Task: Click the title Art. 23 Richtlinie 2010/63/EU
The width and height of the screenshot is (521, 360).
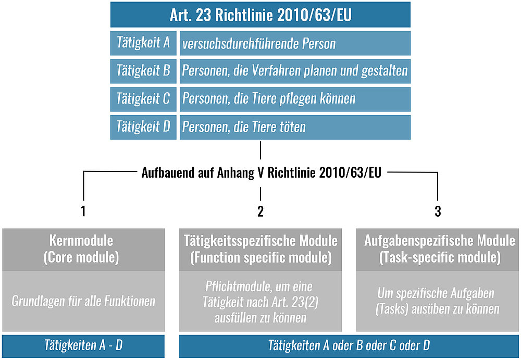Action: tap(260, 15)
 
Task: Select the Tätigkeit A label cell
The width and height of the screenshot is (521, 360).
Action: tap(143, 43)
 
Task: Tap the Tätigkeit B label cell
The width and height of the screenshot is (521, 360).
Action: tap(143, 71)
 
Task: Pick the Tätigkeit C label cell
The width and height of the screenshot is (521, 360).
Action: tap(143, 99)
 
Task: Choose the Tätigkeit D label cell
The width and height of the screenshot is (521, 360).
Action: tap(143, 127)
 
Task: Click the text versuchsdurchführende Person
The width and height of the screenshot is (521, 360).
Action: tap(259, 44)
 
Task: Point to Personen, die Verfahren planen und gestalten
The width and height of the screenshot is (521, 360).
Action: tap(295, 71)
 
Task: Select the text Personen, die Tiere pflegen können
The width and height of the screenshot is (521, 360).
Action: tap(269, 98)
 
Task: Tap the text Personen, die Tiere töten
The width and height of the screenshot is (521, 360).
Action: tap(244, 127)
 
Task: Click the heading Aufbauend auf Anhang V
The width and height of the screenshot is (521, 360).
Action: tap(262, 172)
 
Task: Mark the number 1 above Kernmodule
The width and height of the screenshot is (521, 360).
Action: tap(83, 211)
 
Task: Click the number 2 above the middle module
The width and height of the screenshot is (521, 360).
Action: tap(260, 211)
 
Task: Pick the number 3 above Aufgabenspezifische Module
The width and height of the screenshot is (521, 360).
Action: tap(438, 211)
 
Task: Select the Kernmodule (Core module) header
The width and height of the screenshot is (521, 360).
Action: tap(83, 250)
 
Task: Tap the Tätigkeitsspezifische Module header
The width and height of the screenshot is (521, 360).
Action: tap(260, 250)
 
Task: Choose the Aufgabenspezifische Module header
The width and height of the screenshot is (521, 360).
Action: tap(438, 250)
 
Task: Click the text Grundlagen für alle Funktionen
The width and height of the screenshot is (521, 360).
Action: tap(83, 301)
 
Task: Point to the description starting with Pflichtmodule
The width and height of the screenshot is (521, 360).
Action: tap(260, 302)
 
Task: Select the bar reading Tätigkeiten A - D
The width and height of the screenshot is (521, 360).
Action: tap(83, 346)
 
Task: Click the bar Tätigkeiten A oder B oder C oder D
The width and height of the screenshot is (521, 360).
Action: tap(349, 346)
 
